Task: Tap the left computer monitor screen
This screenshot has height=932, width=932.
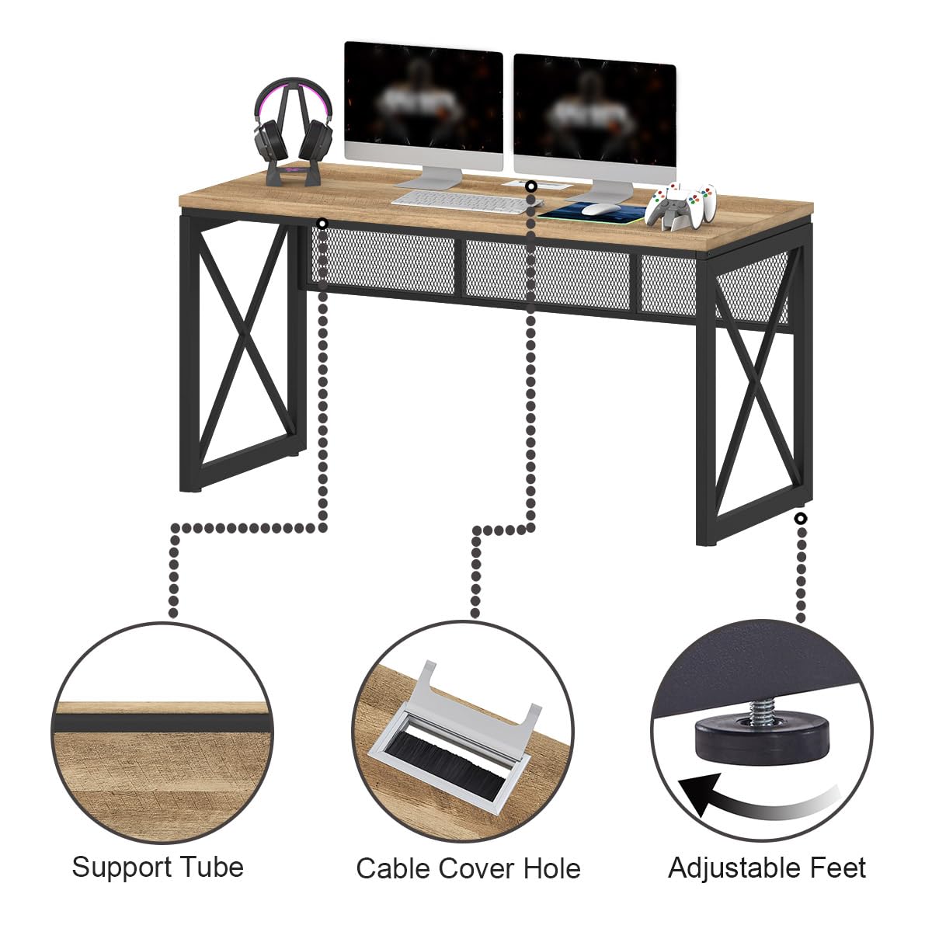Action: pyautogui.click(x=423, y=105)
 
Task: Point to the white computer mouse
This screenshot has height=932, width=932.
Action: pyautogui.click(x=600, y=208)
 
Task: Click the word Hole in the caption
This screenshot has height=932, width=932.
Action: pyautogui.click(x=551, y=868)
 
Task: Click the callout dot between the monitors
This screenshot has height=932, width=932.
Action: pyautogui.click(x=531, y=187)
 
